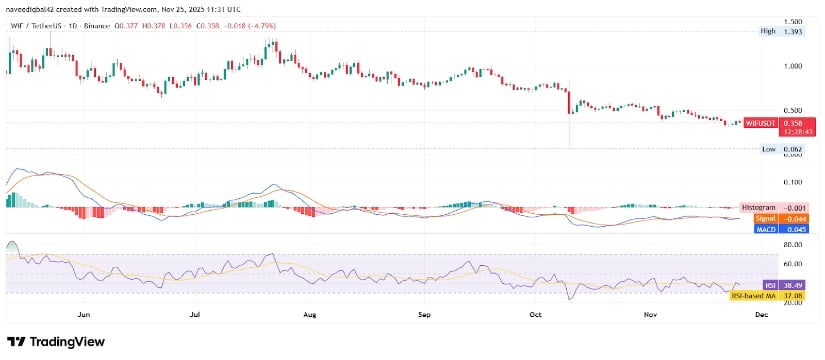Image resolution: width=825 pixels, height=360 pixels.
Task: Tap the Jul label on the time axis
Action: [196, 315]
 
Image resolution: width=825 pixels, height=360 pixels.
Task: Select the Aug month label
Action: [309, 315]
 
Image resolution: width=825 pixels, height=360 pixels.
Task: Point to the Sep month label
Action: [424, 315]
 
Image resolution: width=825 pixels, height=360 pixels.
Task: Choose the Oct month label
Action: [535, 315]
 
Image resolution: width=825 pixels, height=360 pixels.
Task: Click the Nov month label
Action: [650, 315]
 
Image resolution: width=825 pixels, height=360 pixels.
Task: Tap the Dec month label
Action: [762, 315]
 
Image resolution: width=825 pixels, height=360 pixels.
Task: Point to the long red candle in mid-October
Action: [568, 104]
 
